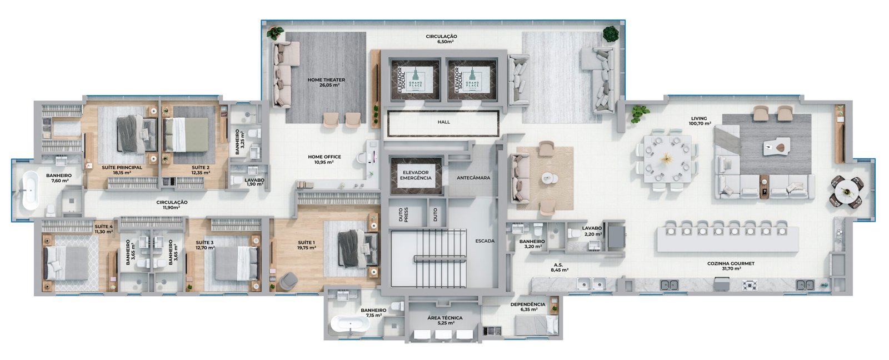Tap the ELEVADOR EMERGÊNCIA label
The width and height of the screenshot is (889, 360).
(x=416, y=175)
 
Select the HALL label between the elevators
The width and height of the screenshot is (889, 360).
(x=443, y=122)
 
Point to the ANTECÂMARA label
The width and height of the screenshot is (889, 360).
(x=472, y=178)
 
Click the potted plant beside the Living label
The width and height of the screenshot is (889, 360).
(x=640, y=113)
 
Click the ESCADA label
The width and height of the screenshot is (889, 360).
(x=485, y=241)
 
